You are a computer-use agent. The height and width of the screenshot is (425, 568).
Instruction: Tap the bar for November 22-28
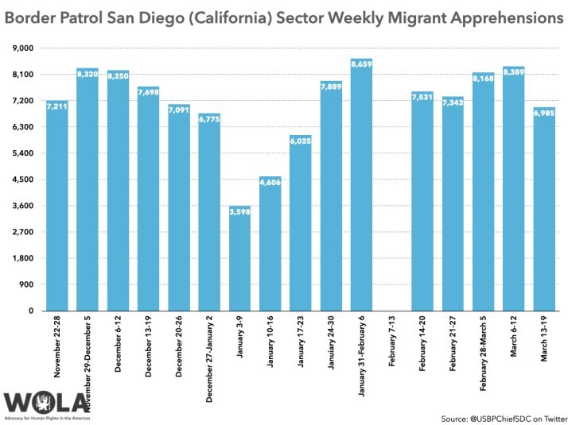pos(56,206)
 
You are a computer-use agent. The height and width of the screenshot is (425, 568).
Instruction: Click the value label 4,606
pos(270,182)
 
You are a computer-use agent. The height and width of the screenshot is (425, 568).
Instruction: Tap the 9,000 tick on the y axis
pos(21,48)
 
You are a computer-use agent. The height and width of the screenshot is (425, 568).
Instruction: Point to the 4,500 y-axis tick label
pos(21,180)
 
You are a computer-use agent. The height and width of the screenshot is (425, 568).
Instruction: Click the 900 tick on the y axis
pos(25,284)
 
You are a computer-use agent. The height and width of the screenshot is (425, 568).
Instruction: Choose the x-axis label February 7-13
pos(392,341)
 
